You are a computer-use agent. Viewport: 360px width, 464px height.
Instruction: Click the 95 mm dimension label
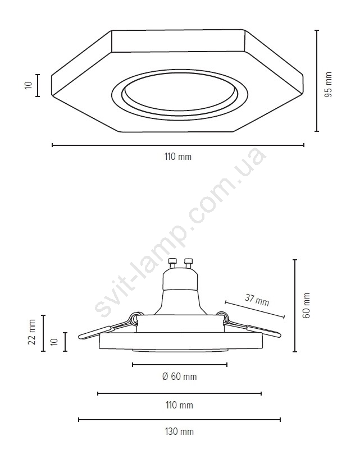click(329, 85)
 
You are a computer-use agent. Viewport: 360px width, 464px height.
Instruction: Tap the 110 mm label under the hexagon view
click(178, 157)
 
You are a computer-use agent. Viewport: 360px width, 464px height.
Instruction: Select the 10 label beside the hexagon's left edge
click(29, 85)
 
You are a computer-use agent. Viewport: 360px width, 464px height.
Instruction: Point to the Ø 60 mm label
click(180, 376)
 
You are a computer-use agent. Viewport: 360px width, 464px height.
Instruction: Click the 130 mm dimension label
click(179, 431)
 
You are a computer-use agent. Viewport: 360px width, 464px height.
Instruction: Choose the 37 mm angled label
click(257, 300)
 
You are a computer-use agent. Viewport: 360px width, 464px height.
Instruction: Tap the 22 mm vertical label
click(31, 332)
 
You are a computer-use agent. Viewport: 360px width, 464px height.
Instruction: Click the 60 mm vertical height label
click(307, 306)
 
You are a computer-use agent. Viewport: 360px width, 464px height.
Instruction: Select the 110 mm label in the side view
click(180, 405)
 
